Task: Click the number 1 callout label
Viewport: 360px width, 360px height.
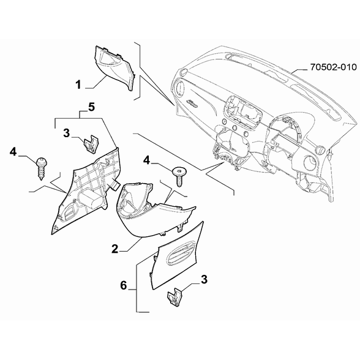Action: pyautogui.click(x=78, y=84)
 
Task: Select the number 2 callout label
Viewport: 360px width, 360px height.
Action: pyautogui.click(x=115, y=249)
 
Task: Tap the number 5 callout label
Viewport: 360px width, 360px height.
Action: pyautogui.click(x=91, y=107)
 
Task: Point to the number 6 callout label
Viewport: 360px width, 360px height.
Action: pyautogui.click(x=124, y=285)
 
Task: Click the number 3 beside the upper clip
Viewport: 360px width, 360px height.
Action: pyautogui.click(x=66, y=133)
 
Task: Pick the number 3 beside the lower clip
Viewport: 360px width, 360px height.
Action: pyautogui.click(x=204, y=279)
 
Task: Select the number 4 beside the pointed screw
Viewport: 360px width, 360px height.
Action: pyautogui.click(x=13, y=152)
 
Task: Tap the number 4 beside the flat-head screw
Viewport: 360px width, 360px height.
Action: pyautogui.click(x=146, y=160)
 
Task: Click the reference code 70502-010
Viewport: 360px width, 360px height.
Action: pyautogui.click(x=333, y=67)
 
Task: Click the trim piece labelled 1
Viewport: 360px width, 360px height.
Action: pyautogui.click(x=115, y=68)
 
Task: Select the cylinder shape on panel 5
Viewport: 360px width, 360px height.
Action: pyautogui.click(x=90, y=200)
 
